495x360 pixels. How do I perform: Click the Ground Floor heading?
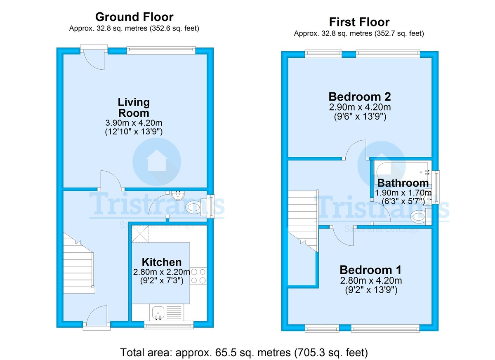134,17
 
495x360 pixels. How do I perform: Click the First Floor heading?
359,22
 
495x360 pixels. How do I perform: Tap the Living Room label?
134,108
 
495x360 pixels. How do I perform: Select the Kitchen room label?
162,262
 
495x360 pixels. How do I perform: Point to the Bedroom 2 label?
360,96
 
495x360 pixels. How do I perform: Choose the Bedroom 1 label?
370,270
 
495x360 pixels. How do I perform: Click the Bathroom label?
403,183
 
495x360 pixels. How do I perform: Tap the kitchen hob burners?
198,276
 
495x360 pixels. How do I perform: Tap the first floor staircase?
303,221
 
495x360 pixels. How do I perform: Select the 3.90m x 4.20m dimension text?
134,122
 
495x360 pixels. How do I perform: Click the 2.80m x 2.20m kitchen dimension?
162,272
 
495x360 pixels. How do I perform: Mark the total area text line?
244,352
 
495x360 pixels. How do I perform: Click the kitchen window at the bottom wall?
169,325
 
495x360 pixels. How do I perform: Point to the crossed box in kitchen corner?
140,234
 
